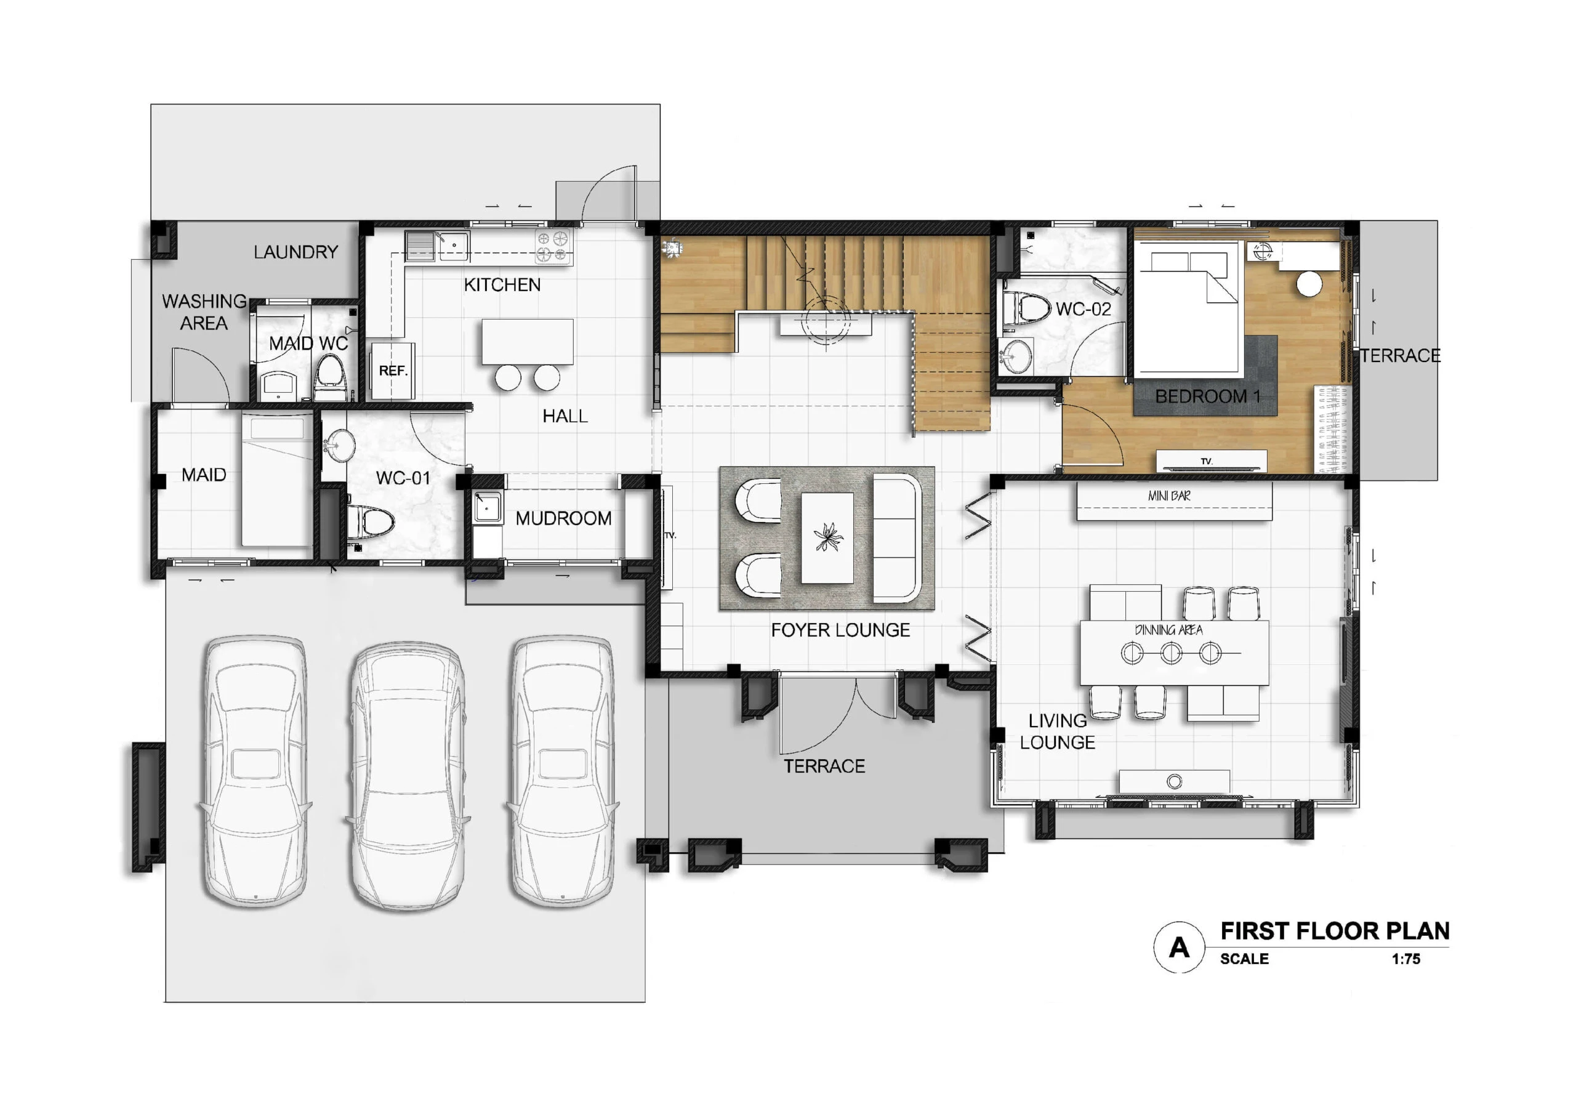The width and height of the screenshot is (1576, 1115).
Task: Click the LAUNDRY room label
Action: point(296,252)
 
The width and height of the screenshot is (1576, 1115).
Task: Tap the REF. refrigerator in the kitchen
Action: point(393,371)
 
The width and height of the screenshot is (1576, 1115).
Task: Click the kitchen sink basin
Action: point(454,245)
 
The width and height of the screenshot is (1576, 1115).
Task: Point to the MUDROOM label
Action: point(563,518)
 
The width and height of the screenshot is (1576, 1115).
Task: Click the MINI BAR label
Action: point(1169,496)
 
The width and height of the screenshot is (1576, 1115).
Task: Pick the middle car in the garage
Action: point(407,776)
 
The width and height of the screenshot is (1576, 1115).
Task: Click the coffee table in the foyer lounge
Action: point(827,538)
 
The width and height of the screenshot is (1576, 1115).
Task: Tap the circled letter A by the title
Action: point(1180,948)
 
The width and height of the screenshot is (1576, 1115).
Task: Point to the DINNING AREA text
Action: point(1168,630)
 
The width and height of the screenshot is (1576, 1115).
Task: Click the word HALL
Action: point(565,416)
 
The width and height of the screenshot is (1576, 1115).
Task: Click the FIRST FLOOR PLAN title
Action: point(1335,931)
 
